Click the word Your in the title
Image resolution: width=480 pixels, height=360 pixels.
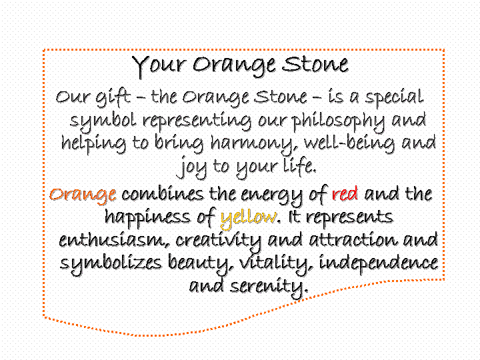tap(159, 67)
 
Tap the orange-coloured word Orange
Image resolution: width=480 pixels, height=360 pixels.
tap(83, 195)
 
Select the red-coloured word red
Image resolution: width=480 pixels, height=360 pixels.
tap(345, 194)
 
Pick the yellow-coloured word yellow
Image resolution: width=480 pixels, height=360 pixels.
tap(248, 218)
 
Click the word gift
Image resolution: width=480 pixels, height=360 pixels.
tap(113, 97)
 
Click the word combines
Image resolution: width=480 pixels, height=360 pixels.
tap(163, 194)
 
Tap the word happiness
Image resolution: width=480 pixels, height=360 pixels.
tap(147, 218)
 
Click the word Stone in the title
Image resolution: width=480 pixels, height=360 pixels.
tap(315, 64)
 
